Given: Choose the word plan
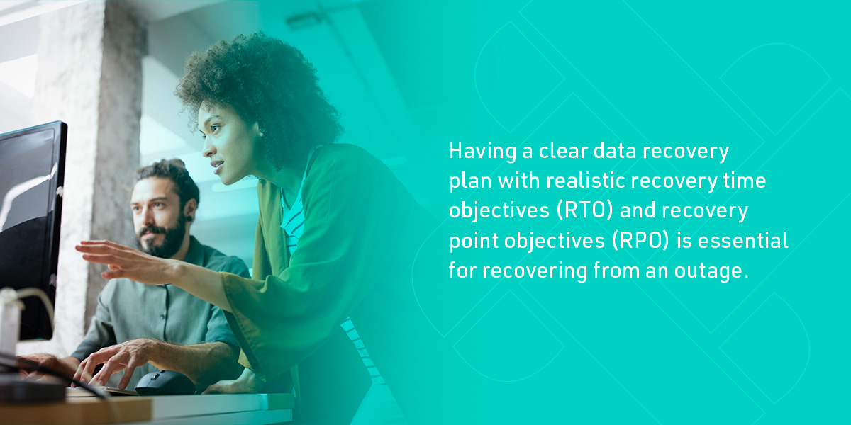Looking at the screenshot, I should tap(469, 182).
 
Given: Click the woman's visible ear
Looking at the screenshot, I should tap(260, 132).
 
